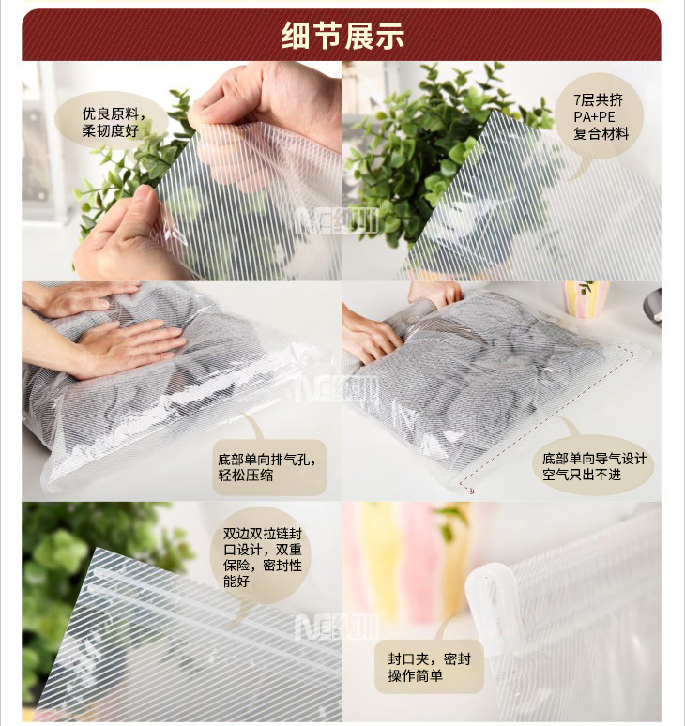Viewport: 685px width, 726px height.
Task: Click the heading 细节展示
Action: [342, 36]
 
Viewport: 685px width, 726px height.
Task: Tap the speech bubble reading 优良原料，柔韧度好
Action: [111, 121]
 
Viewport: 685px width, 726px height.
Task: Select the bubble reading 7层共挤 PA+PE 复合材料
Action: [600, 116]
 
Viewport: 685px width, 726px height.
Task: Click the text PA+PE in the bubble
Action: [594, 116]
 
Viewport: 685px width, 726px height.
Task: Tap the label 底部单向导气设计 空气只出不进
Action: [595, 466]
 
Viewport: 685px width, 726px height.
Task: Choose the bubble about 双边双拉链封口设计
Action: [262, 556]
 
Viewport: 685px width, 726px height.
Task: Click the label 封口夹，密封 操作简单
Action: [429, 667]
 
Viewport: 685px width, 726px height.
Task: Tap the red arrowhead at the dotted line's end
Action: [470, 490]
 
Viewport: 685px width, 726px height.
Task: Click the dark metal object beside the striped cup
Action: [652, 306]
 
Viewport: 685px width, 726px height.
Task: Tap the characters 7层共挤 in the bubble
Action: [599, 100]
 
